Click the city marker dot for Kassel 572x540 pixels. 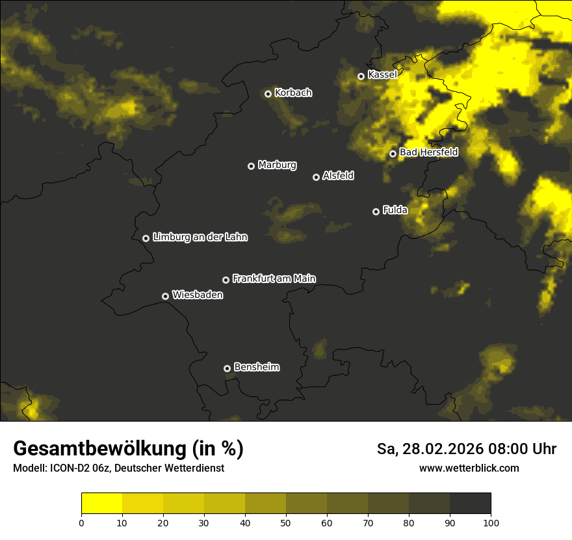click(361, 76)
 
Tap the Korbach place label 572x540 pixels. click(293, 93)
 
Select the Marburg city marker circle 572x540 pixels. click(251, 166)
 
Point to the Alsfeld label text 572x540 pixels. click(338, 176)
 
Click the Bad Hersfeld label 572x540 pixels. click(428, 153)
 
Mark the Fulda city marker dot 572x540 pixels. click(376, 211)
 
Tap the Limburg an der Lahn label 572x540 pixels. click(200, 237)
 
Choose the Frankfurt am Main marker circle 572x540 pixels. click(226, 280)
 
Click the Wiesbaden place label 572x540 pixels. click(198, 295)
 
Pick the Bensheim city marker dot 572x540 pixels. click(227, 368)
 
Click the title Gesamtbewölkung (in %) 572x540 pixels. click(128, 449)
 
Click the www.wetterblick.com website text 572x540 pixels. click(469, 468)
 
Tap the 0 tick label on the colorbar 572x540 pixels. click(81, 522)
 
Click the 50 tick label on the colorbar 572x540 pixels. click(286, 522)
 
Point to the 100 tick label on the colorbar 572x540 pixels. click(491, 522)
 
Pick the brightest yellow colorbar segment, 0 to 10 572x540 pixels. click(101, 503)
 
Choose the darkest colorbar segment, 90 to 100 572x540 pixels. click(470, 503)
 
